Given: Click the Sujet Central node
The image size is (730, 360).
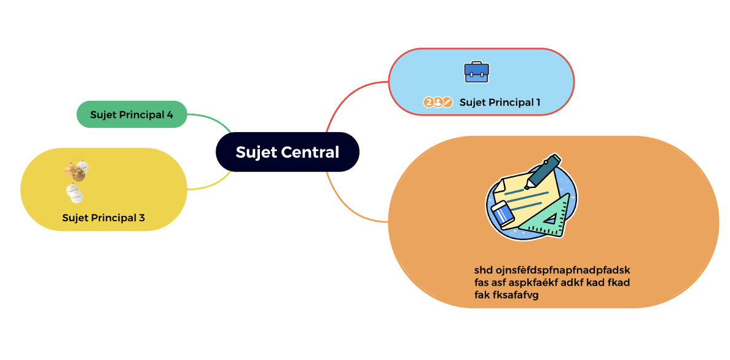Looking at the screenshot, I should coord(287,152).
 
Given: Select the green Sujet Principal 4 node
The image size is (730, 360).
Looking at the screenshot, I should coord(131,114).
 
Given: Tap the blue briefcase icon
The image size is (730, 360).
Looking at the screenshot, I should coord(476,72).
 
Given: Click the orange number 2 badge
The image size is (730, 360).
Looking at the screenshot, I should coord(428,103).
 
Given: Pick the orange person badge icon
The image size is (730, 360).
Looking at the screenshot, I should coord(438,103).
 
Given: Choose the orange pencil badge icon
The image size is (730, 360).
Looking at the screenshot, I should coord(447,103).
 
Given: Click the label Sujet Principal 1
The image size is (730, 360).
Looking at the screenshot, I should coord(500,103).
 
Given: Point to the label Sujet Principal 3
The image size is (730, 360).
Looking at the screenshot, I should coord(103,217).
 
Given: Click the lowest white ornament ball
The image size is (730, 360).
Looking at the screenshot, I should coord(75,194).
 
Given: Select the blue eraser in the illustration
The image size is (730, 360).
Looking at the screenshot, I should coord(503,214).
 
